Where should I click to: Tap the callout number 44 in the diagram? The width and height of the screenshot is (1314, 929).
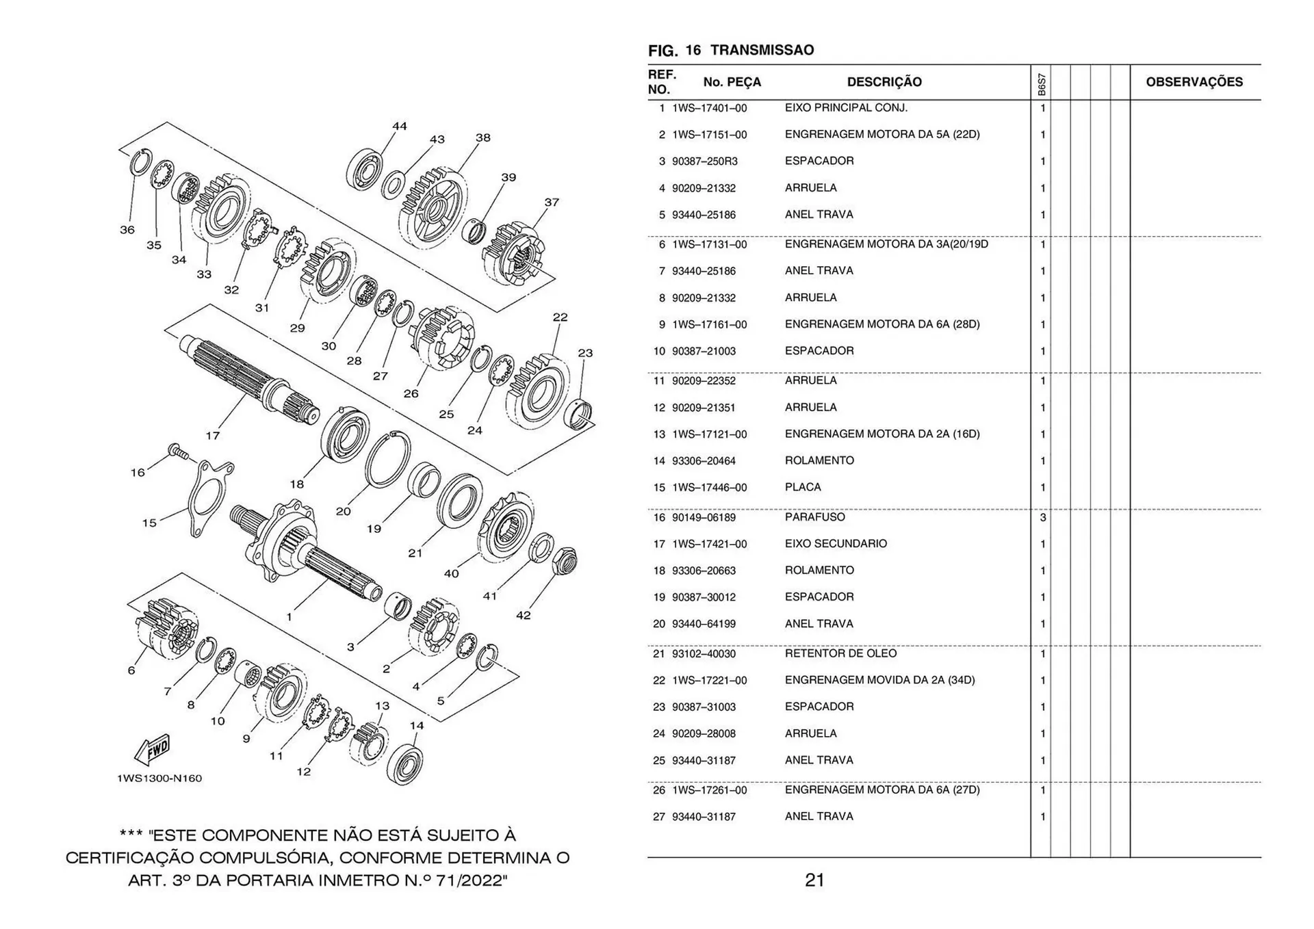tap(400, 127)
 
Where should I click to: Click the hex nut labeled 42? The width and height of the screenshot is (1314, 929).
tap(564, 561)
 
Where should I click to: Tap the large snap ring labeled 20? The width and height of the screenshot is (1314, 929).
tap(388, 460)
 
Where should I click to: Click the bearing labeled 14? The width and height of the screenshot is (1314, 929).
tap(404, 763)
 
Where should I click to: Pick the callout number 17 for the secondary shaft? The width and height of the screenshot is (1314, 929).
tap(213, 436)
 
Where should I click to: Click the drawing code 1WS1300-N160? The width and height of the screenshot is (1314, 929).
tap(159, 778)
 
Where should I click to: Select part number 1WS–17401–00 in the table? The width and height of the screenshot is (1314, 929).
tap(709, 108)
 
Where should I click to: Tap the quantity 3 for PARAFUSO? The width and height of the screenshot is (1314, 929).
tap(1042, 518)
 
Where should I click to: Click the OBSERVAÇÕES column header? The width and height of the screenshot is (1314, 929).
tap(1194, 82)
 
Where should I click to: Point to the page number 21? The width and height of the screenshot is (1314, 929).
tap(814, 880)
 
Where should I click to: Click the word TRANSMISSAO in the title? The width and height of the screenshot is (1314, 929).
tap(762, 50)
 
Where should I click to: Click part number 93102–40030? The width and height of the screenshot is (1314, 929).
tap(704, 654)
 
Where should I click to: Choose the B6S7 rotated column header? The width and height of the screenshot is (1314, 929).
tap(1041, 84)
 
